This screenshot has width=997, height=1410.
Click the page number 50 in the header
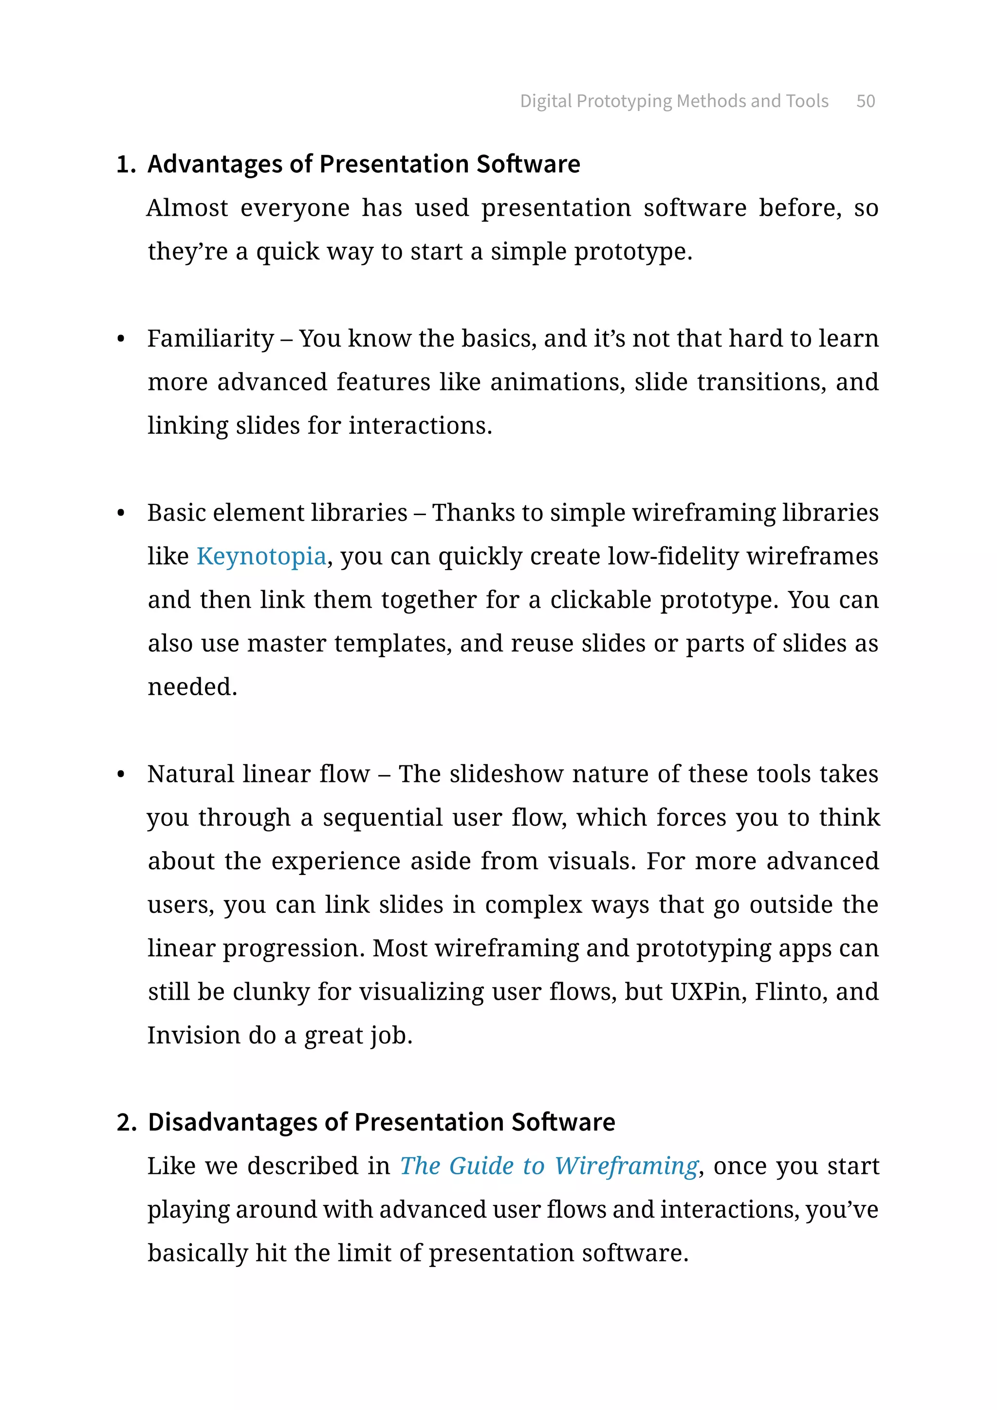pyautogui.click(x=865, y=101)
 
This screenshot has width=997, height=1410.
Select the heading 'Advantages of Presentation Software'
pyautogui.click(x=364, y=164)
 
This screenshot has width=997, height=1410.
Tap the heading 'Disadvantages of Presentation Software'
pyautogui.click(x=381, y=1122)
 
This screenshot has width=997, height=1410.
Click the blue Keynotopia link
pyautogui.click(x=261, y=557)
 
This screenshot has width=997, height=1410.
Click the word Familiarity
pyautogui.click(x=211, y=339)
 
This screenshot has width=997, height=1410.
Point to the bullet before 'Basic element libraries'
pyautogui.click(x=121, y=513)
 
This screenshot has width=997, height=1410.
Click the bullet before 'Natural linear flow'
pyautogui.click(x=121, y=775)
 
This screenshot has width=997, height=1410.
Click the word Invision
pyautogui.click(x=193, y=1036)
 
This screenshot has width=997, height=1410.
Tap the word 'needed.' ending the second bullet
pyautogui.click(x=192, y=687)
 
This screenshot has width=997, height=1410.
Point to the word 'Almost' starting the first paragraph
pyautogui.click(x=187, y=208)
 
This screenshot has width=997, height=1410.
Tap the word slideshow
pyautogui.click(x=506, y=775)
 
